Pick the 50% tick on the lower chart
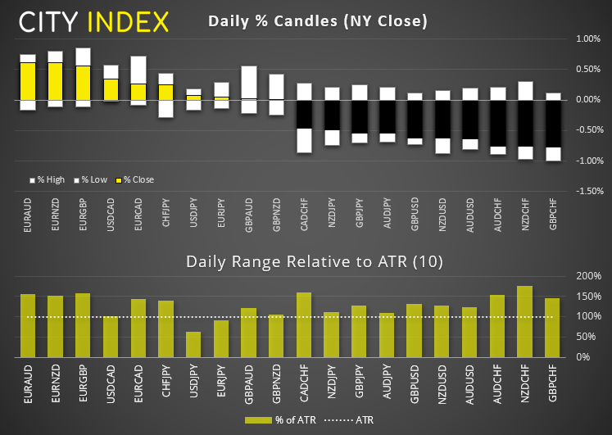click(588, 337)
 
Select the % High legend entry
click(48, 179)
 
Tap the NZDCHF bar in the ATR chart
click(525, 321)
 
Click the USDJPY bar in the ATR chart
click(193, 344)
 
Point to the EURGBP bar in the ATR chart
click(83, 324)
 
